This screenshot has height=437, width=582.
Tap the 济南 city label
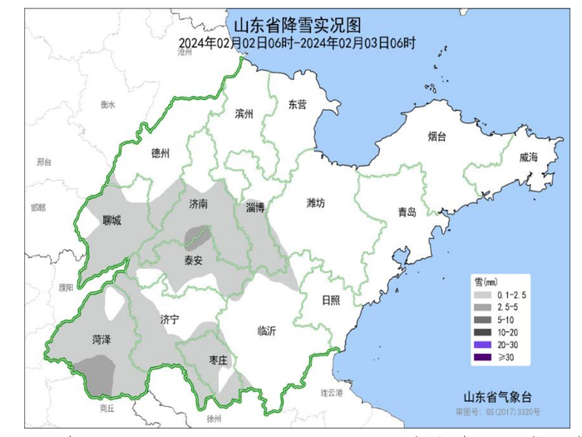point(199,204)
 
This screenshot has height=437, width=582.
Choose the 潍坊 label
point(317,203)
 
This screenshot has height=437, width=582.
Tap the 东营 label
point(297,105)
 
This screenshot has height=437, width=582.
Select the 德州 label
point(160,154)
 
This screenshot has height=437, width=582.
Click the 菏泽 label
point(103,340)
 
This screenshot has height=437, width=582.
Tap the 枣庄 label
point(219,360)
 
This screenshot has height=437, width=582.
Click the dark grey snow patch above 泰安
point(196,236)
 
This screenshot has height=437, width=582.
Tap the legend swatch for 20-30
point(480,344)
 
